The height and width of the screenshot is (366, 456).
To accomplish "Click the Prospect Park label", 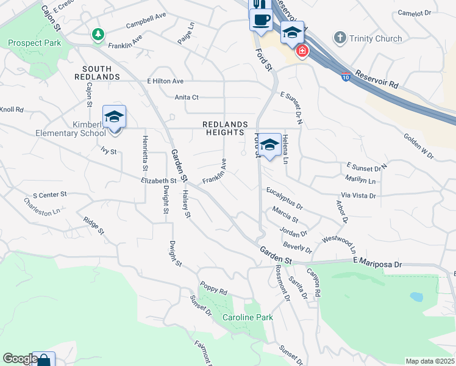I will click(35, 43).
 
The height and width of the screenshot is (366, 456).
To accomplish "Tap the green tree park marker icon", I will click(98, 35).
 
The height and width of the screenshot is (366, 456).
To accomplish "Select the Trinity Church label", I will click(376, 38).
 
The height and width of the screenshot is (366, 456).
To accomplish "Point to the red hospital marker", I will click(301, 51).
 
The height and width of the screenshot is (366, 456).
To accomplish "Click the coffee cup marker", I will click(261, 20).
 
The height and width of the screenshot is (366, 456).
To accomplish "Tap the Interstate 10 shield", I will click(346, 77).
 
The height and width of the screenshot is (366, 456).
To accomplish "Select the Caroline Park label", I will click(247, 317).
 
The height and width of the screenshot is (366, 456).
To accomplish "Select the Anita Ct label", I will click(187, 97).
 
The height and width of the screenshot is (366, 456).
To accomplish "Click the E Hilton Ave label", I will click(165, 81).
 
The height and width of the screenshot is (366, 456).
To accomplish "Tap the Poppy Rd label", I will click(213, 287).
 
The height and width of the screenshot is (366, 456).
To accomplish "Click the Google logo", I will click(20, 359).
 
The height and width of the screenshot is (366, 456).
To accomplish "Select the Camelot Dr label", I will click(414, 12).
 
